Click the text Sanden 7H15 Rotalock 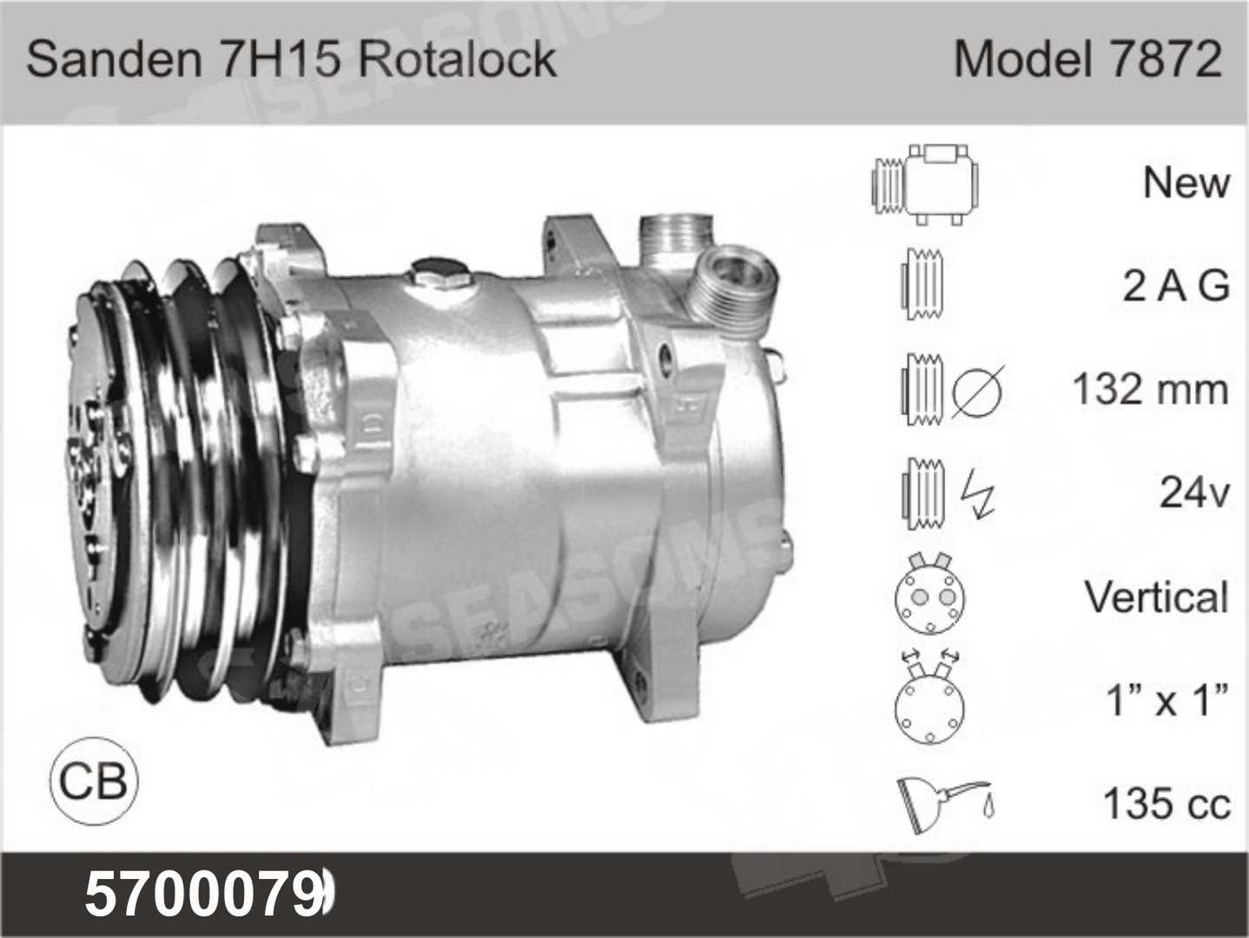pyautogui.click(x=291, y=59)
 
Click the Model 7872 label pyautogui.click(x=1087, y=59)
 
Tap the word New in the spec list pyautogui.click(x=1186, y=182)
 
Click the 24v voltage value pyautogui.click(x=1194, y=492)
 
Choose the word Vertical pyautogui.click(x=1156, y=597)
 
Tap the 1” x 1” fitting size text pyautogui.click(x=1167, y=700)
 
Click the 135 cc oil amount pyautogui.click(x=1166, y=803)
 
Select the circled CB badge pyautogui.click(x=93, y=781)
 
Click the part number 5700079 pyautogui.click(x=205, y=895)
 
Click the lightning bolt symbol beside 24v pyautogui.click(x=979, y=492)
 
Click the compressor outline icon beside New pyautogui.click(x=927, y=182)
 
